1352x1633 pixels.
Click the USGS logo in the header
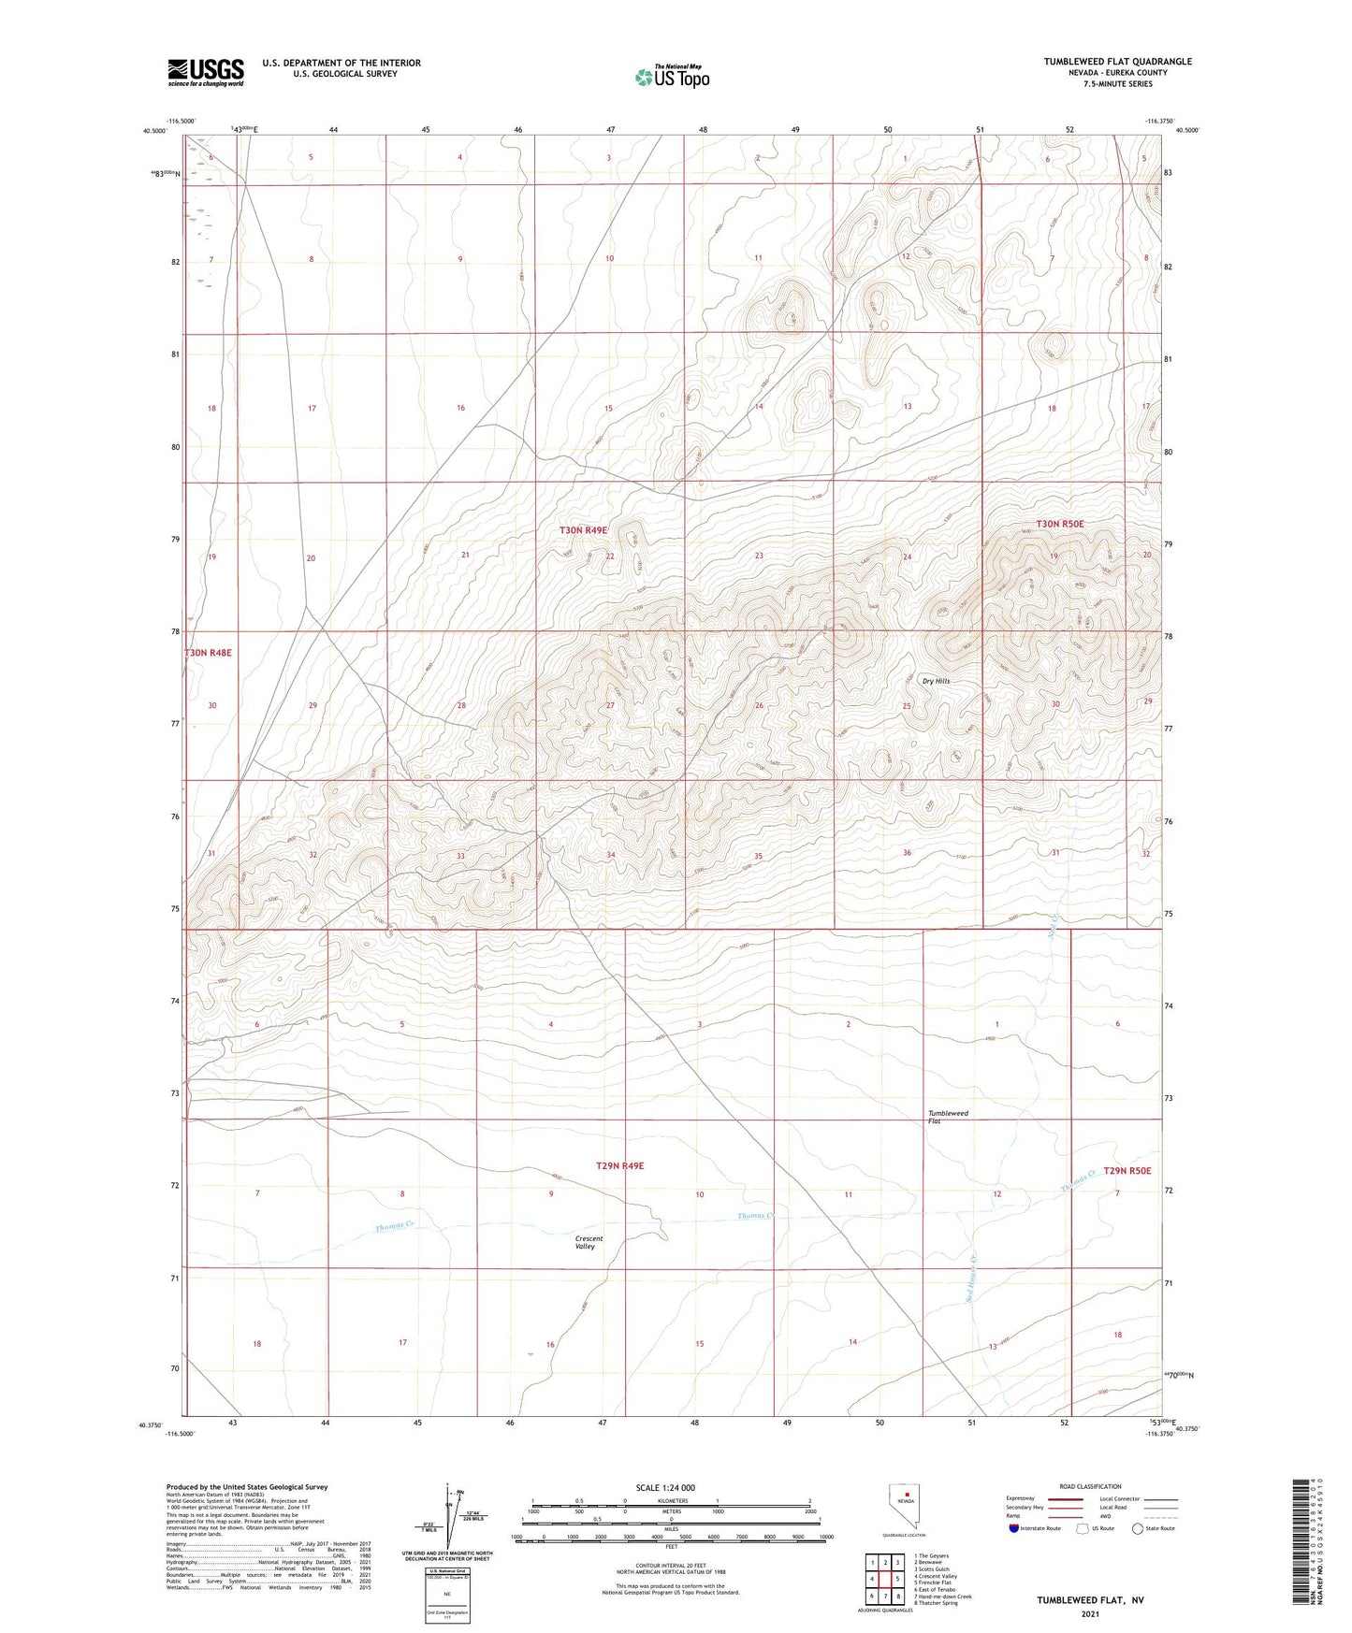tap(206, 71)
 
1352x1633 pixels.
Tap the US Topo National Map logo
tap(672, 76)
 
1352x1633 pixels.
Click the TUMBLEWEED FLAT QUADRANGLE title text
tap(1117, 62)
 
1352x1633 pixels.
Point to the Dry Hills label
tap(936, 681)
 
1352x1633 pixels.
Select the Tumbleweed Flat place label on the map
tap(948, 1117)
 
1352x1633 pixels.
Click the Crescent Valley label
tap(589, 1242)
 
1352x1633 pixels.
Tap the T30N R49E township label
tap(583, 530)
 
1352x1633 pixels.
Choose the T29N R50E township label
tap(1127, 1170)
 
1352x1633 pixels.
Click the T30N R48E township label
tap(208, 652)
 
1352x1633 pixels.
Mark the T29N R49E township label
tap(619, 1165)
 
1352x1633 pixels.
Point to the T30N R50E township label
tap(1059, 524)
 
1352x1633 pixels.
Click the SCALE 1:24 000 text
tap(665, 1487)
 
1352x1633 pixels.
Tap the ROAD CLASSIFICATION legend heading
tap(1090, 1486)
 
